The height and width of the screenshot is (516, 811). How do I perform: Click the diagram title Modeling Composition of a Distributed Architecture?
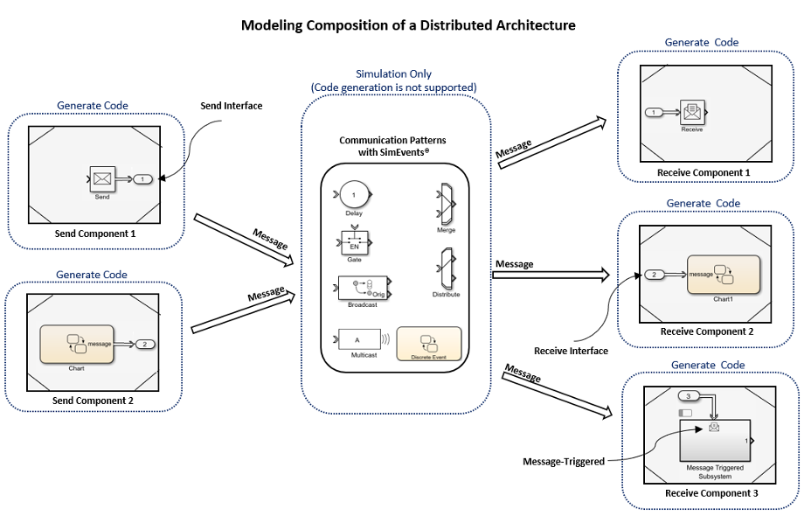tap(408, 25)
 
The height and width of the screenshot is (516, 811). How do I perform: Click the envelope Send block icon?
tap(102, 179)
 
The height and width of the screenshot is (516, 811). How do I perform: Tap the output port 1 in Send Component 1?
tap(143, 179)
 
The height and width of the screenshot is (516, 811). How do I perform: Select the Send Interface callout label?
tap(232, 106)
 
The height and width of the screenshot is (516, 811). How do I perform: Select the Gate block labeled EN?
tap(354, 242)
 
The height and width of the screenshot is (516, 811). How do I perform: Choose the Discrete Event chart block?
tap(428, 341)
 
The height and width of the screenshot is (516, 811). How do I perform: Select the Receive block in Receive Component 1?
tap(692, 112)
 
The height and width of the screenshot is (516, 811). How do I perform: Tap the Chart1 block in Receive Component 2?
tap(722, 275)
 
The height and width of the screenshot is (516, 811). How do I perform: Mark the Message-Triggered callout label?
tap(563, 461)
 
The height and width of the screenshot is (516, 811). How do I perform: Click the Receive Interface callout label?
tap(571, 351)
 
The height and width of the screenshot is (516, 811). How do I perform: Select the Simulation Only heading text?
tap(393, 74)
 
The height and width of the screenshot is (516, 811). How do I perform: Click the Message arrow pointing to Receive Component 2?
tap(551, 275)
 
